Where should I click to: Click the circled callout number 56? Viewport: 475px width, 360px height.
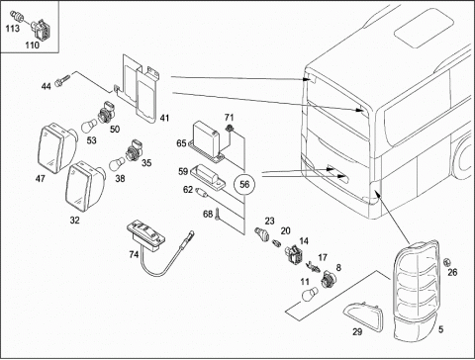click(x=244, y=184)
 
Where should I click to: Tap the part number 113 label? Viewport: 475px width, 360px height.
click(x=12, y=29)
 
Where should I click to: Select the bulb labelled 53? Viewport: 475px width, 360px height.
click(x=89, y=126)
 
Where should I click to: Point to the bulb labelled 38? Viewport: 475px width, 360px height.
click(x=117, y=164)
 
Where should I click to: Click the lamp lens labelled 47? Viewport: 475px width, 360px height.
click(x=57, y=147)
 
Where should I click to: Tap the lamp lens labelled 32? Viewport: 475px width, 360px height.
click(x=85, y=186)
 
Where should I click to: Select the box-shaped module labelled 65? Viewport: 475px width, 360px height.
click(x=207, y=141)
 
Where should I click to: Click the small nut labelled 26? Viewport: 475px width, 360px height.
click(x=447, y=262)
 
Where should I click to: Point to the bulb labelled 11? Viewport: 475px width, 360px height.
click(x=310, y=293)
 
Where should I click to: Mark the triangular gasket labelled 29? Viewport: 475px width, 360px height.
click(x=364, y=315)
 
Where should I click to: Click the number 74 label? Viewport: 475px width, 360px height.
click(x=134, y=254)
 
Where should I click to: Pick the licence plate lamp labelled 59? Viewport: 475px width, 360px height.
click(x=210, y=177)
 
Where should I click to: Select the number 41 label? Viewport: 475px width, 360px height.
click(x=164, y=118)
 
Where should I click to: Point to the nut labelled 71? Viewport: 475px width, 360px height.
click(x=229, y=129)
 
